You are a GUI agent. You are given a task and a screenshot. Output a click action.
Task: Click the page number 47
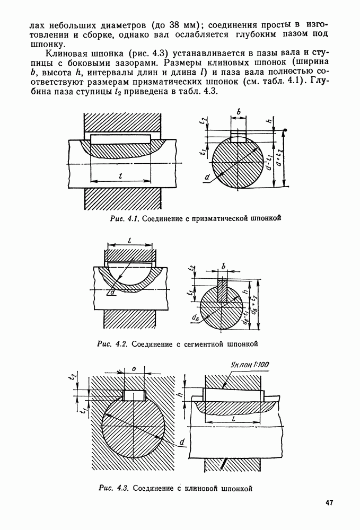[x=329, y=502]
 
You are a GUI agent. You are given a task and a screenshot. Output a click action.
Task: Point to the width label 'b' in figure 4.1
[x=240, y=112]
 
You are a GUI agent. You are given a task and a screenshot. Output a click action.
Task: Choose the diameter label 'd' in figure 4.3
[x=182, y=442]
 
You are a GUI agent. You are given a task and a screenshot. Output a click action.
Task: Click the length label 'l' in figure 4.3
[x=233, y=419]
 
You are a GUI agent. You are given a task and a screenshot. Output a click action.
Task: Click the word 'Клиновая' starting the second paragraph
[x=66, y=54]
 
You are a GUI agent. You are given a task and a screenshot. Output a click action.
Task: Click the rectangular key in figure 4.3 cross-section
[x=135, y=396]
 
